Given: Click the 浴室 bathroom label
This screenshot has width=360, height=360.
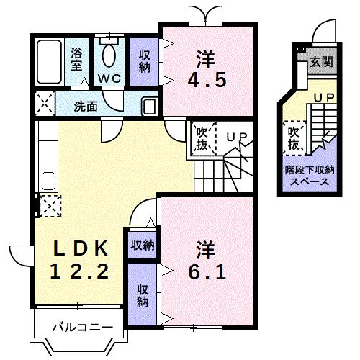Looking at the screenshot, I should [76, 58].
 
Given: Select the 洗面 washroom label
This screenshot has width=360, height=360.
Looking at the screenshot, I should [86, 106].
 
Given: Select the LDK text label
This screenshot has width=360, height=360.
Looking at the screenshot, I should [80, 249].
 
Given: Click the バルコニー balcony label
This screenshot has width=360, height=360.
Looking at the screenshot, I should [81, 328].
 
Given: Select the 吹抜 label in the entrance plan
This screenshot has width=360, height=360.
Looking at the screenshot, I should [293, 139].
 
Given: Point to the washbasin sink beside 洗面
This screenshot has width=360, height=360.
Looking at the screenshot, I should [148, 107].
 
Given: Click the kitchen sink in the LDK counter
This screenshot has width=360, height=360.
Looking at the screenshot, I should [49, 181].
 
